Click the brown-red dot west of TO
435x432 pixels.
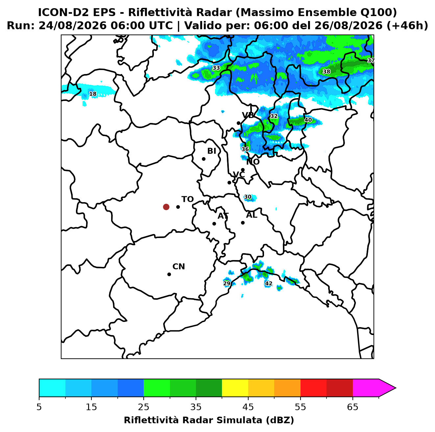[x=166, y=206]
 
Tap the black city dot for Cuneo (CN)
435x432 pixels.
[x=169, y=274]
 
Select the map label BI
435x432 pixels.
[x=212, y=151]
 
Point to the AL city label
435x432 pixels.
[x=252, y=215]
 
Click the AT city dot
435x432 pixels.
[x=214, y=224]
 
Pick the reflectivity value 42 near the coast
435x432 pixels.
[x=268, y=283]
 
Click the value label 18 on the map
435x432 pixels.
[x=93, y=94]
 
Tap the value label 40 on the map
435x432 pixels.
[x=308, y=120]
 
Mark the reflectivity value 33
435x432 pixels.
[x=216, y=68]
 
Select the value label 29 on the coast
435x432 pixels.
[x=227, y=283]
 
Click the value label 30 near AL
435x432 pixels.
[x=248, y=197]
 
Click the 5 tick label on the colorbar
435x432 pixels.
[x=39, y=407]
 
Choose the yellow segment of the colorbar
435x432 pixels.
[x=235, y=388]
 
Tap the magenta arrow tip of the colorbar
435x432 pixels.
[x=395, y=388]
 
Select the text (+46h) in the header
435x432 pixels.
[x=407, y=26]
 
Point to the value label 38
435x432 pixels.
[x=326, y=72]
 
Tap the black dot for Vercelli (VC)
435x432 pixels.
[x=229, y=182]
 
